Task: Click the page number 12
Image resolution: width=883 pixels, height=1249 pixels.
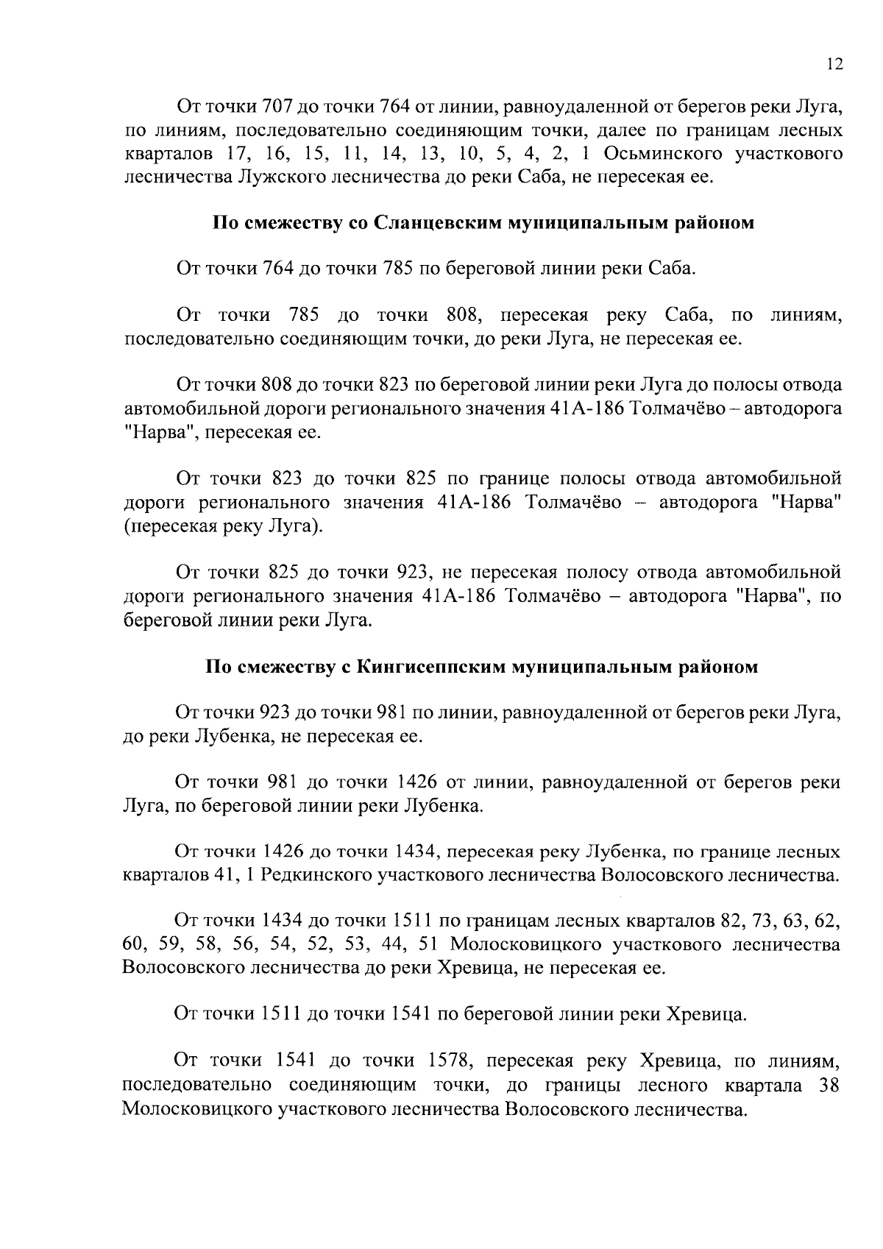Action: [833, 64]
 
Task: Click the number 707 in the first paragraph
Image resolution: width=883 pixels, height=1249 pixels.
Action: [277, 108]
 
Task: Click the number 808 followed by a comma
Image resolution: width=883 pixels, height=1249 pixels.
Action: [464, 316]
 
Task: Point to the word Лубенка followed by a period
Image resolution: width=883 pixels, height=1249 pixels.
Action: [441, 805]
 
